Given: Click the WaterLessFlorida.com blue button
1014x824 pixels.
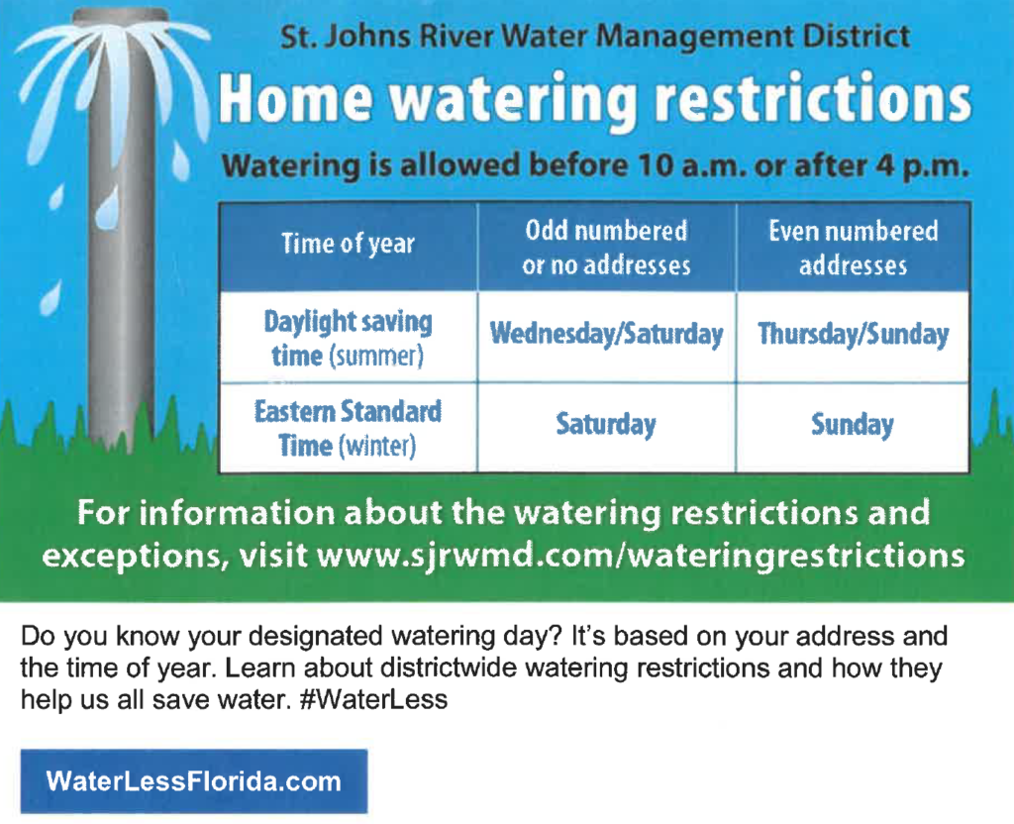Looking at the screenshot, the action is pyautogui.click(x=194, y=781).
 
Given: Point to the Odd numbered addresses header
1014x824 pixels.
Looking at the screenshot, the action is pyautogui.click(x=607, y=247).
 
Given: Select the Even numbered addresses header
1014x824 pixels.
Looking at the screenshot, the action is pyautogui.click(x=853, y=247).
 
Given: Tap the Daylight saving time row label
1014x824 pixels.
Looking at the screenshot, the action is pyautogui.click(x=349, y=337).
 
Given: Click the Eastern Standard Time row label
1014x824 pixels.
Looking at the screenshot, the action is pyautogui.click(x=349, y=428).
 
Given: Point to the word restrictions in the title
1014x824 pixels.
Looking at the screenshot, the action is pyautogui.click(x=813, y=99).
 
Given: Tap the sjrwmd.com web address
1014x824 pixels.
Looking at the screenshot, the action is pyautogui.click(x=641, y=555).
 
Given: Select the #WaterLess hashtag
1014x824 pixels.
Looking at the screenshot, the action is pyautogui.click(x=373, y=700).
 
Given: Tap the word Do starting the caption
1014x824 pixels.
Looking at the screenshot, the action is pyautogui.click(x=38, y=637).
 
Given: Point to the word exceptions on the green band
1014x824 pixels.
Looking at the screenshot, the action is pyautogui.click(x=132, y=557).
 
